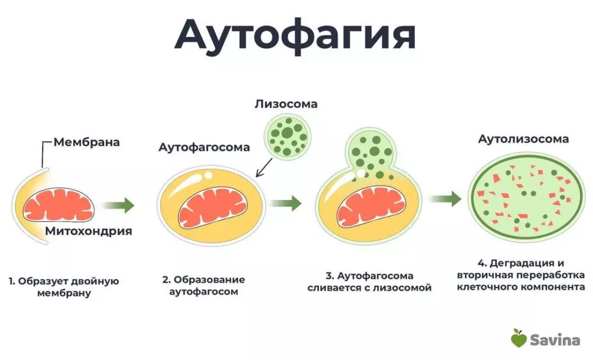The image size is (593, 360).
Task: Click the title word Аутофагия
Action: tap(295, 35)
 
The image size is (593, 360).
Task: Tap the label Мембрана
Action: tap(86, 142)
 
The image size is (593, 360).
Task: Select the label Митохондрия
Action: tap(89, 231)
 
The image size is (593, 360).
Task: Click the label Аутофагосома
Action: tap(204, 147)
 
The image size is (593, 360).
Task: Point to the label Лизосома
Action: tap(286, 104)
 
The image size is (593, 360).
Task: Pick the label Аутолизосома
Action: tap(523, 139)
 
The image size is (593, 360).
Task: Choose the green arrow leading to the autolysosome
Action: tap(445, 199)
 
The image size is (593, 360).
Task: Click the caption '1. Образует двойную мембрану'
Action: tap(64, 287)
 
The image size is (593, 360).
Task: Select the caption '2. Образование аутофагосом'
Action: tap(204, 285)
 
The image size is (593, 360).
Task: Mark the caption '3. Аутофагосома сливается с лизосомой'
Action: tap(370, 282)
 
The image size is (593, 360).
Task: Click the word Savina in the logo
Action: tap(555, 340)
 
